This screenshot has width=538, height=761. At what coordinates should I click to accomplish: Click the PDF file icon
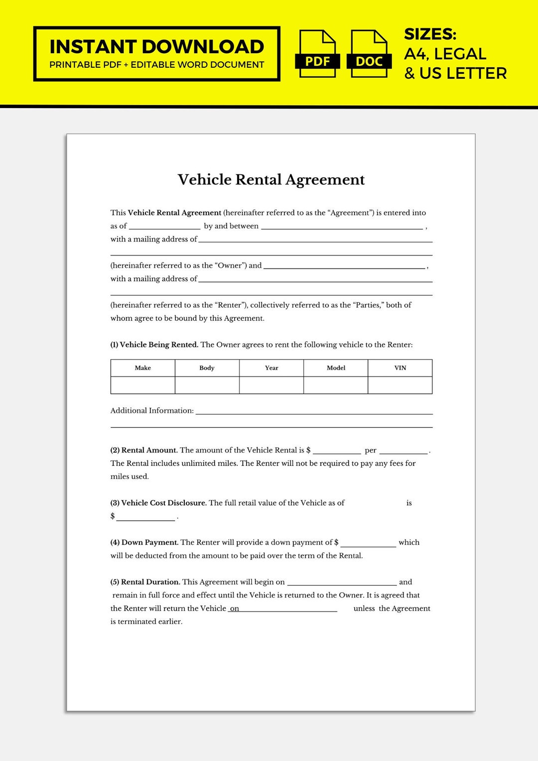[x=317, y=54]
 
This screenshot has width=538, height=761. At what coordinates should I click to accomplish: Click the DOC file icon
[x=369, y=54]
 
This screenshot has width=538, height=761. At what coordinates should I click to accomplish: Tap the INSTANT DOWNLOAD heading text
[x=156, y=47]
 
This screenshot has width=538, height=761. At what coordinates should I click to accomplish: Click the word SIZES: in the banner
[x=430, y=34]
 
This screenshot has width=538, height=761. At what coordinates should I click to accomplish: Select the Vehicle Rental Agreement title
[x=271, y=179]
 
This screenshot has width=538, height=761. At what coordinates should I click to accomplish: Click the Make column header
[x=142, y=368]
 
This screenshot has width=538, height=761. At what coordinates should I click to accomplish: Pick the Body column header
[x=207, y=368]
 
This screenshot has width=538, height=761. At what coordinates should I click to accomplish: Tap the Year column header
[x=271, y=368]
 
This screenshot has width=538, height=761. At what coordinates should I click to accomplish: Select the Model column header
[x=336, y=368]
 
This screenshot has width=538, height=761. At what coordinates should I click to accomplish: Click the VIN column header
[x=400, y=368]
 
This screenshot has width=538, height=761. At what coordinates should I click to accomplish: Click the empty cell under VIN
[x=400, y=385]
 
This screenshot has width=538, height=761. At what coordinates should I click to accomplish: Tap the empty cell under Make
[x=142, y=385]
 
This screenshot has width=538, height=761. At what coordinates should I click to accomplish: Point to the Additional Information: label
[x=152, y=410]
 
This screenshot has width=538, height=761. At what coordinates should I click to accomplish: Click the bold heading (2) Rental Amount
[x=144, y=450]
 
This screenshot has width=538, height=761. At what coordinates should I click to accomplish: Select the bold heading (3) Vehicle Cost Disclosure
[x=158, y=503]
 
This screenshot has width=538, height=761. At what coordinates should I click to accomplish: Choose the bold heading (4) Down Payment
[x=144, y=542]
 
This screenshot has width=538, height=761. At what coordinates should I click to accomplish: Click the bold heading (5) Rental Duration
[x=145, y=582]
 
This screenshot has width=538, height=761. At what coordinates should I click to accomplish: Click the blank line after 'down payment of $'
[x=368, y=543]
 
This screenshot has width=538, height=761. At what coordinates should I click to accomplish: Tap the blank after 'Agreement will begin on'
[x=342, y=582]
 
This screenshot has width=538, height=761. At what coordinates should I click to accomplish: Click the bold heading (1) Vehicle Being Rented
[x=154, y=345]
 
